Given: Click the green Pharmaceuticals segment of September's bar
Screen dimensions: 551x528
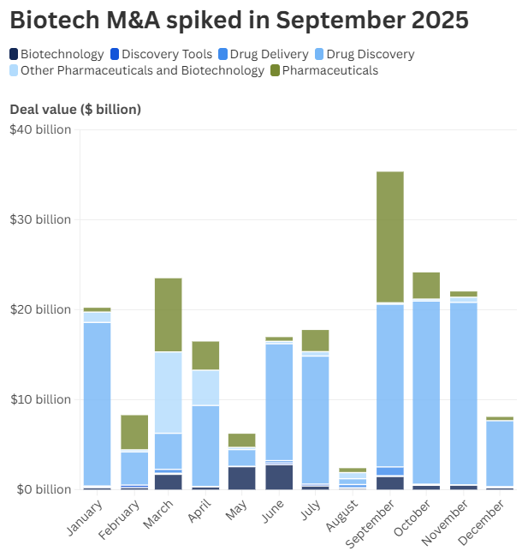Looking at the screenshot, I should (389, 237).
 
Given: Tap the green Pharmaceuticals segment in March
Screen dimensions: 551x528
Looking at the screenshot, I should (168, 314).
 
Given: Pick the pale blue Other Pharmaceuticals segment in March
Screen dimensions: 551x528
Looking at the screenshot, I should (168, 392).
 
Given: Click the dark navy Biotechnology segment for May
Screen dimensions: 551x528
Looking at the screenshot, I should (241, 477).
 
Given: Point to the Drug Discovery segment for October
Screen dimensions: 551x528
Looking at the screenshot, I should (426, 392).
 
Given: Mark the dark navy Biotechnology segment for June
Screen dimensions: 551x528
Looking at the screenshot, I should (279, 476).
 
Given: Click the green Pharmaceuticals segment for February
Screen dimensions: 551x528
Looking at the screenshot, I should (133, 432).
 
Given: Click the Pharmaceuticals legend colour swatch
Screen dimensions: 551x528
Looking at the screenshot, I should (274, 70).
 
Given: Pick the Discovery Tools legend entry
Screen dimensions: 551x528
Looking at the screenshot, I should (169, 54).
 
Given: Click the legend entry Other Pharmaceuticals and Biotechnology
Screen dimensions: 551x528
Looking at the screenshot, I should (142, 70).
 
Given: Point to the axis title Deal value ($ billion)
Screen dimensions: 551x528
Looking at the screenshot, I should (75, 109).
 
